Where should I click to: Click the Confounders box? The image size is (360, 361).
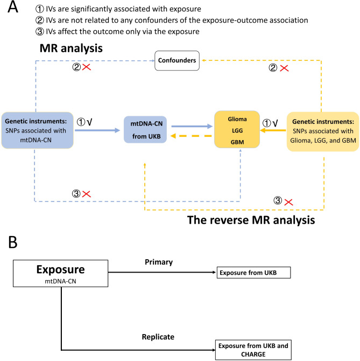[177, 60]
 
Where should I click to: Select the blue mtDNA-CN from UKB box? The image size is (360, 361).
[145, 130]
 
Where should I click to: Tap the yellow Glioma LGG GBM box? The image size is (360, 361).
[237, 129]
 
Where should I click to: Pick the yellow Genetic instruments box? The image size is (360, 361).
[323, 131]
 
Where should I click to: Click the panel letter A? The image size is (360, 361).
[13, 7]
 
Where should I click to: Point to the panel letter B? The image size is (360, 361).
[13, 242]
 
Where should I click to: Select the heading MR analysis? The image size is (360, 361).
[71, 48]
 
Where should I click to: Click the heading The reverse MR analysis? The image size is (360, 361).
[251, 220]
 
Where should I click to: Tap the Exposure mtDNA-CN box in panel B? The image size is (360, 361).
[60, 274]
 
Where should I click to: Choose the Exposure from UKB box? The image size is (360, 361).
[254, 273]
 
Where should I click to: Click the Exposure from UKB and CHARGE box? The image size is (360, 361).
[253, 350]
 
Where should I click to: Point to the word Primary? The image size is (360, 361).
[159, 262]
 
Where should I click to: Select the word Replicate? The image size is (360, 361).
[158, 337]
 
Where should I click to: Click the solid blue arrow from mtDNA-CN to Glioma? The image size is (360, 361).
[192, 126]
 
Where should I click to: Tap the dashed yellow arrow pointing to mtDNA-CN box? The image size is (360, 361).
[191, 136]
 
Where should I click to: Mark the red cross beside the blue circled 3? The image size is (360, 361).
[87, 194]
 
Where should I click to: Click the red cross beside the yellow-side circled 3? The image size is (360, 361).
[289, 203]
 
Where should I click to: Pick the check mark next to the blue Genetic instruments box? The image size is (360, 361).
[90, 122]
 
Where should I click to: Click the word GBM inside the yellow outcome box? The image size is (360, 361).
[237, 142]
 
